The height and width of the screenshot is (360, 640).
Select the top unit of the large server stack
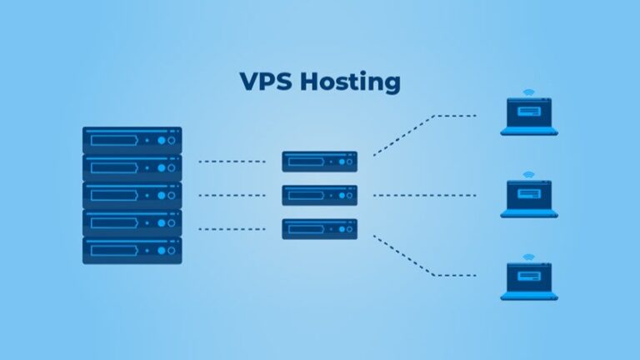click(x=132, y=140)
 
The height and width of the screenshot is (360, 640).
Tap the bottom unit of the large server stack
click(x=132, y=250)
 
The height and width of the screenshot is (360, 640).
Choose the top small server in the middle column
click(x=319, y=162)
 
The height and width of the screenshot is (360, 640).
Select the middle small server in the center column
click(x=319, y=195)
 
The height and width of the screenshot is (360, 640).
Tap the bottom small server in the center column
click(x=319, y=228)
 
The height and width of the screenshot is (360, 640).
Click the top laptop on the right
click(x=529, y=117)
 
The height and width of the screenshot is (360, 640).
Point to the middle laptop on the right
click(x=529, y=200)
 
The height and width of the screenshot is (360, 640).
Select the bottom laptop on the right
click(x=529, y=283)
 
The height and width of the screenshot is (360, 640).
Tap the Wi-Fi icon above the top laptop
click(x=529, y=92)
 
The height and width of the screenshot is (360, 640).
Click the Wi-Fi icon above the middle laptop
click(x=529, y=176)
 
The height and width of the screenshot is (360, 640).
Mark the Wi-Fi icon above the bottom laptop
click(x=529, y=259)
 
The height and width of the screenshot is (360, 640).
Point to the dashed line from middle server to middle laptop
click(x=425, y=196)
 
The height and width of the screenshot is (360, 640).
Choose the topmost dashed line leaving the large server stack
click(x=232, y=162)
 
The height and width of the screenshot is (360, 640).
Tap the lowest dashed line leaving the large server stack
click(x=232, y=228)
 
